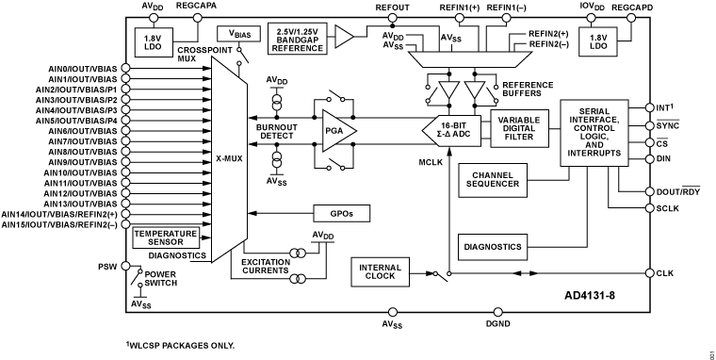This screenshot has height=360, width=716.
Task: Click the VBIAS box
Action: coord(238,34)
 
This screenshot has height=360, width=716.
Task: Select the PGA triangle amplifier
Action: coord(337,131)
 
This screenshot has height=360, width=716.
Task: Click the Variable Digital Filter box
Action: coord(519,129)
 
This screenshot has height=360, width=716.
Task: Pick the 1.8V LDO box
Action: coord(597,41)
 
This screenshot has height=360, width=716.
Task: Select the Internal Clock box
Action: coord(381,271)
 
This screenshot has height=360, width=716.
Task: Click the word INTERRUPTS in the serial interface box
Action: coord(594,153)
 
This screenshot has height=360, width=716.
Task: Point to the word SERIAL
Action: coord(594,110)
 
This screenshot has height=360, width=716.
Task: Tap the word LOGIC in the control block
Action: coord(594,136)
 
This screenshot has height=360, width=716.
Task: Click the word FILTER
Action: coord(519,138)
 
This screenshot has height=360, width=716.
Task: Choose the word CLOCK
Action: coord(381,276)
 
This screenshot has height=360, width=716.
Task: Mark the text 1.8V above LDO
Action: coord(597,37)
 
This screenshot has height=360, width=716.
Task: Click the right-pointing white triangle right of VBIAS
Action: coord(343,37)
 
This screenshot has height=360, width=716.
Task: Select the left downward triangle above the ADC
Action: coord(449,90)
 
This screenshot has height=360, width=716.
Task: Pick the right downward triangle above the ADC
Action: coord(475,90)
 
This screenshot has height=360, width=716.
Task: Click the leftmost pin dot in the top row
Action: coord(154,18)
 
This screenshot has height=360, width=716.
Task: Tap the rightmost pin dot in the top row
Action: coord(631,18)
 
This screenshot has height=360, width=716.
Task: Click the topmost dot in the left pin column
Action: coord(125,68)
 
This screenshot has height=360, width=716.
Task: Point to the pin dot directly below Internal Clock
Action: coord(393,312)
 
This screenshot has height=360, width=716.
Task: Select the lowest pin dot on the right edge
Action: coord(649,273)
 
